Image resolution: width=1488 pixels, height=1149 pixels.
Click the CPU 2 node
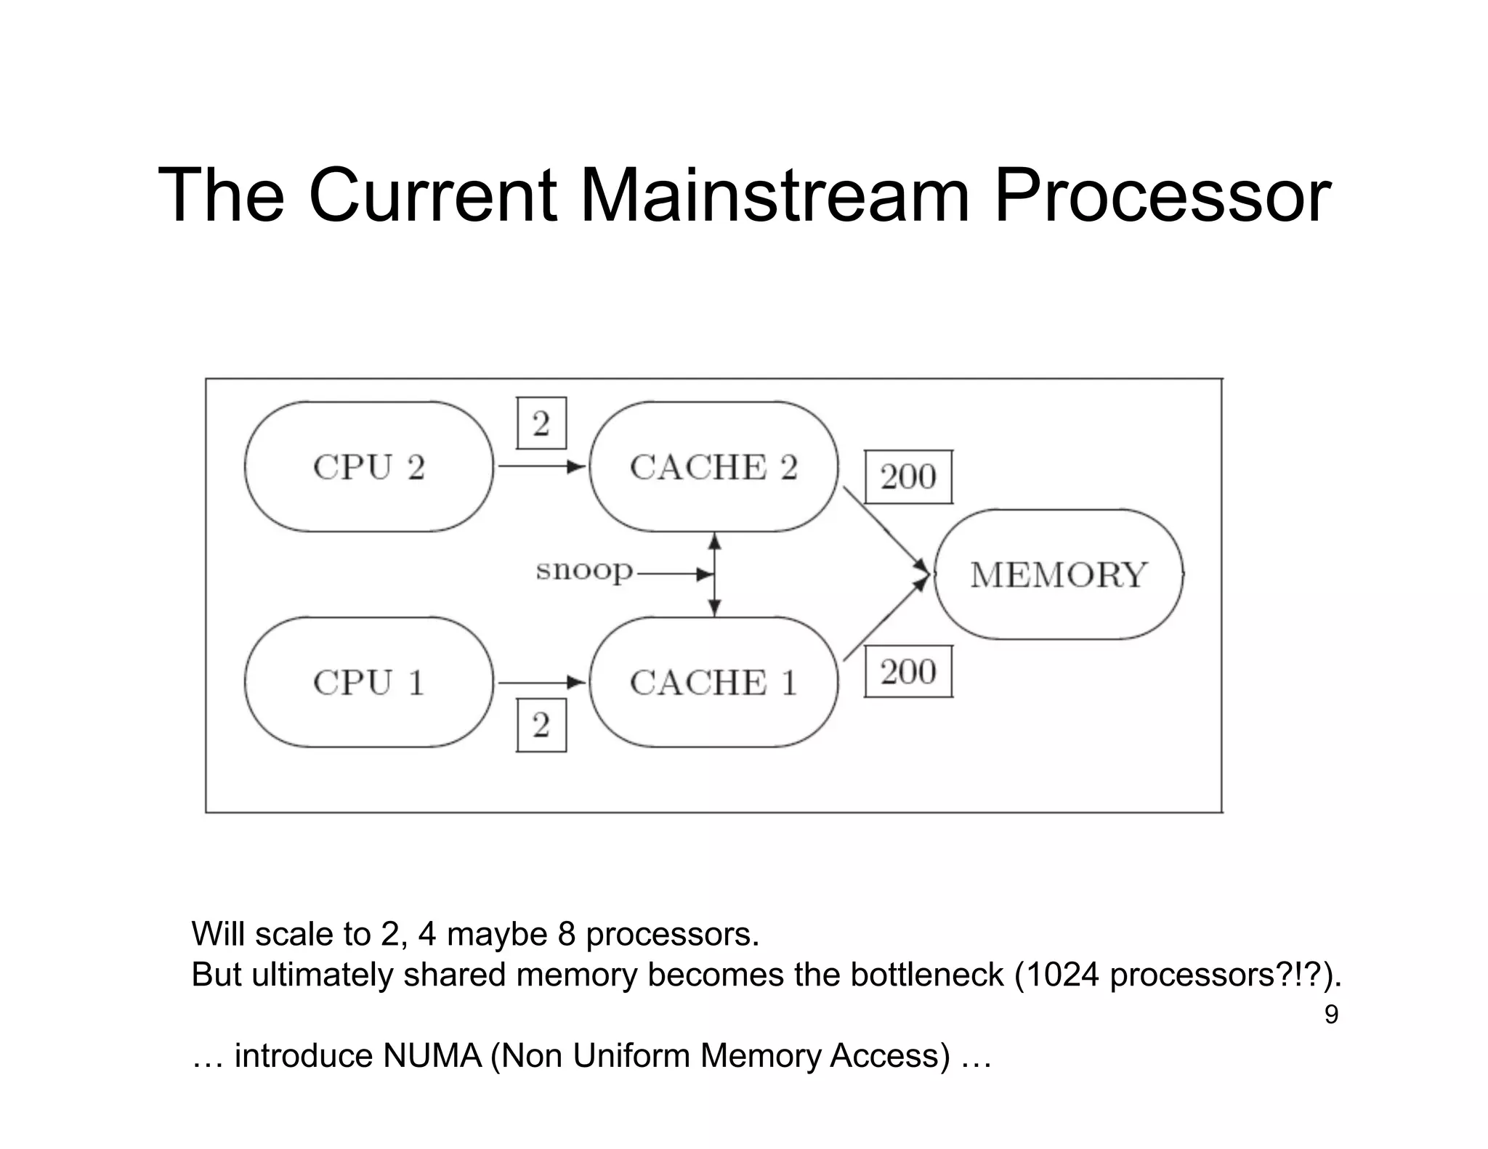[x=368, y=466]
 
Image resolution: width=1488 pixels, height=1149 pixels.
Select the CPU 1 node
[x=368, y=682]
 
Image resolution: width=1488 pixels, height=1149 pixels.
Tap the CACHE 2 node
[x=713, y=466]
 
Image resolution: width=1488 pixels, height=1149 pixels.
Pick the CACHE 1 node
[x=713, y=682]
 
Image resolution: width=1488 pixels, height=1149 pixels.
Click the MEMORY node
[x=1058, y=574]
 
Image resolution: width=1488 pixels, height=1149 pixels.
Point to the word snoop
[x=584, y=571]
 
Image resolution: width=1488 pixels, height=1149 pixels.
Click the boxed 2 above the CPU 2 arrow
[x=541, y=423]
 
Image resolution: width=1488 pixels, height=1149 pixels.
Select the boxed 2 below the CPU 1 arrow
[x=541, y=725]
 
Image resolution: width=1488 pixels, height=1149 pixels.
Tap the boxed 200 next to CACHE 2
[x=908, y=477]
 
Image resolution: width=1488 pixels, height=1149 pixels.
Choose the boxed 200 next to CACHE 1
[x=908, y=672]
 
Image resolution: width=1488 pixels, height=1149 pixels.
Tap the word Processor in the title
[x=1161, y=195]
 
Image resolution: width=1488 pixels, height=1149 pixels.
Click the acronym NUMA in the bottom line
[x=432, y=1055]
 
